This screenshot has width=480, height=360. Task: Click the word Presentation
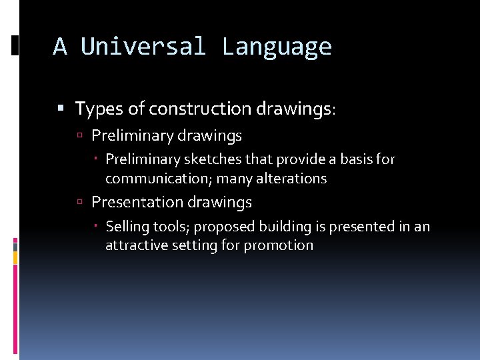(137, 202)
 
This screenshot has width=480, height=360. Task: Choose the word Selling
(127, 227)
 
